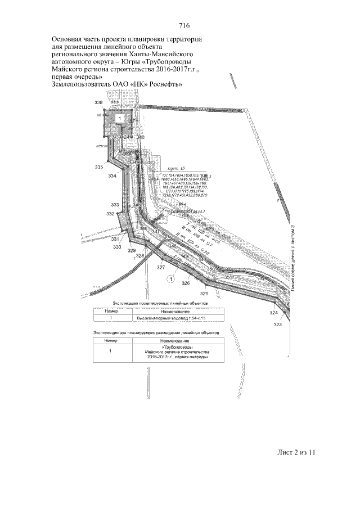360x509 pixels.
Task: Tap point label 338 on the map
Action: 98,102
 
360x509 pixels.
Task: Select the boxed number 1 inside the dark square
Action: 120,118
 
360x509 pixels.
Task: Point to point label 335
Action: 99,167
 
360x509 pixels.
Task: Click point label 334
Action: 112,176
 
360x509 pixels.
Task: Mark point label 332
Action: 110,214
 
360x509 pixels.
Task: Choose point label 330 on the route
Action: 117,247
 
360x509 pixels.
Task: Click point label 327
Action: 161,267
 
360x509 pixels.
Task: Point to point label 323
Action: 278,325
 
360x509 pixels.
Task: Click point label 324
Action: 273,312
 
